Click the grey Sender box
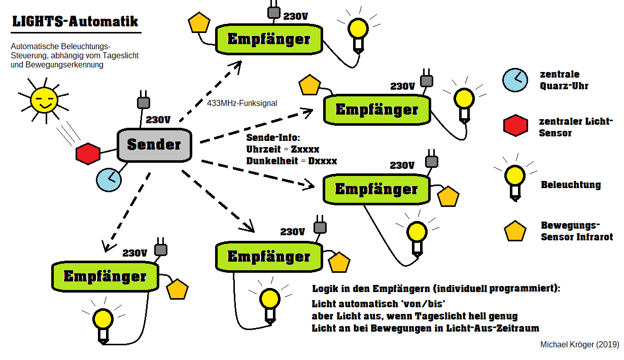tap(153, 145)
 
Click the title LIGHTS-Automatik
tap(75, 22)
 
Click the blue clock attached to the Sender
tap(108, 179)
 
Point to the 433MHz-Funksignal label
tap(242, 103)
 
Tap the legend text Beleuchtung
tap(571, 185)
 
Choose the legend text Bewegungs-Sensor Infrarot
tap(577, 231)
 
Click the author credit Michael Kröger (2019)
tap(579, 344)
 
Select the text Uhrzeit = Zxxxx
tap(283, 150)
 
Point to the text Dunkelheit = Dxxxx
tap(291, 161)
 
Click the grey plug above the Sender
tap(144, 102)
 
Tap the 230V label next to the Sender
tap(158, 120)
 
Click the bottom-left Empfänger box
tap(105, 277)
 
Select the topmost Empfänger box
tap(269, 40)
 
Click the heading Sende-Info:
tap(273, 138)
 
